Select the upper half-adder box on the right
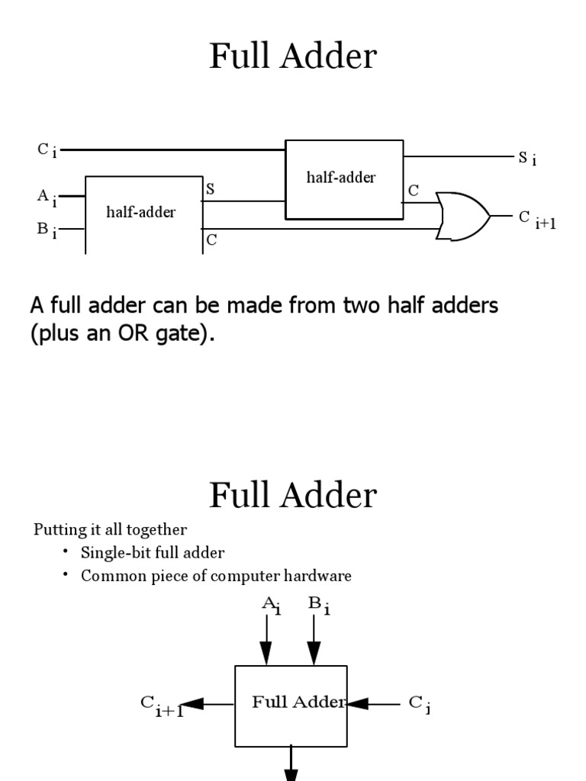(344, 179)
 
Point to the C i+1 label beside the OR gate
(536, 220)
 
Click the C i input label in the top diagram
(47, 150)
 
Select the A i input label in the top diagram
(47, 198)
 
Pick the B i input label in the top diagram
(47, 230)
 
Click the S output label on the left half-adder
(210, 188)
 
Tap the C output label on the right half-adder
(413, 191)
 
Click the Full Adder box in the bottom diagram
(291, 705)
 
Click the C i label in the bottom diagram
(419, 704)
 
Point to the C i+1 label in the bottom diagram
(161, 705)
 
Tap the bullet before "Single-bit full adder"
(66, 551)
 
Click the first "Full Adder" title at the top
(293, 56)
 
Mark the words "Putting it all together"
(110, 529)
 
